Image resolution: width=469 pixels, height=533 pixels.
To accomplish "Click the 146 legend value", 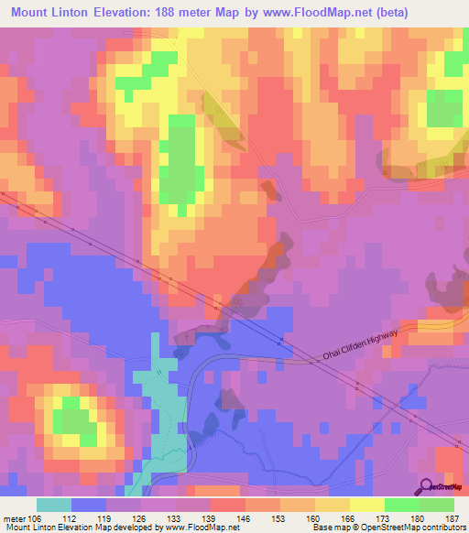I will [x=245, y=519].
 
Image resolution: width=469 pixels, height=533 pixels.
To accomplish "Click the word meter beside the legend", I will [x=14, y=519].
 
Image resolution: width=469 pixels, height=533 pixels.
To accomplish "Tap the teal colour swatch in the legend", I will [x=54, y=505].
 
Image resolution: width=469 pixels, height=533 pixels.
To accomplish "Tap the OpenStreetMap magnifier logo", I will [x=424, y=486].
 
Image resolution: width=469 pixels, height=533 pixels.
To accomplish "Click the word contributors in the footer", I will [x=445, y=528].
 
